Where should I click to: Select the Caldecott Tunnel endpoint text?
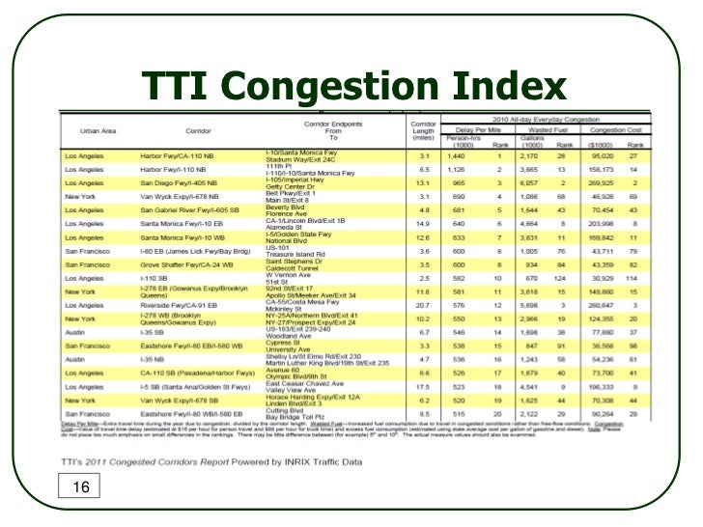click(296, 267)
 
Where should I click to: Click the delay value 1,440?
click(457, 154)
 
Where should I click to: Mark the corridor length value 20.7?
click(422, 303)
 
